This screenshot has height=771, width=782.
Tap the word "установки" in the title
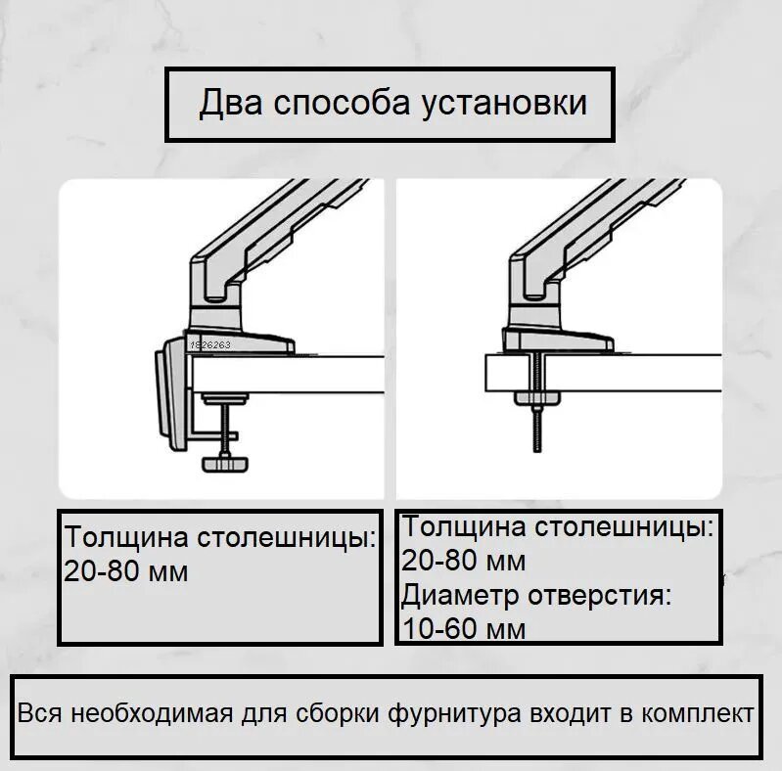(x=504, y=103)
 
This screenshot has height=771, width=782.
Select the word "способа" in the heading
(x=342, y=104)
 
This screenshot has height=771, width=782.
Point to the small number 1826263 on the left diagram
(x=210, y=345)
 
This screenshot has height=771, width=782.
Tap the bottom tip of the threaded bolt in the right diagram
(x=537, y=448)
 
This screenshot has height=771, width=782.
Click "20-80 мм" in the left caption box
(x=126, y=571)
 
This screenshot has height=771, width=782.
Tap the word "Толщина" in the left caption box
(x=126, y=538)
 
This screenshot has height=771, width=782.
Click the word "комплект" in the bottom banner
(x=698, y=713)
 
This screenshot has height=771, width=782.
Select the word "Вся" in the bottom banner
(x=39, y=713)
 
